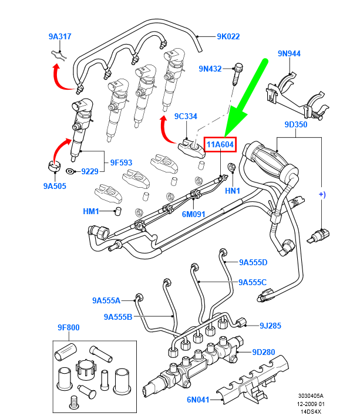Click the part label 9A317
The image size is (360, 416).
pyautogui.click(x=60, y=36)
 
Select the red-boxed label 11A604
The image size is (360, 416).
pyautogui.click(x=220, y=144)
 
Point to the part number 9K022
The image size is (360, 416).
pyautogui.click(x=228, y=36)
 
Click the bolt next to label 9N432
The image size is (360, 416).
pyautogui.click(x=238, y=75)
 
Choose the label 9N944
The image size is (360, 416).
pyautogui.click(x=289, y=53)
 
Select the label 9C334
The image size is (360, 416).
pyautogui.click(x=185, y=116)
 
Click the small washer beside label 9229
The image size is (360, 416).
pyautogui.click(x=70, y=171)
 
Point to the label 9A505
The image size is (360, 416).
pyautogui.click(x=55, y=186)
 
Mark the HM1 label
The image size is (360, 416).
pyautogui.click(x=91, y=211)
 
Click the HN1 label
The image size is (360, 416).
pyautogui.click(x=233, y=191)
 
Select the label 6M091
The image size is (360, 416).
pyautogui.click(x=193, y=214)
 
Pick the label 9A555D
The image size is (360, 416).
pyautogui.click(x=253, y=262)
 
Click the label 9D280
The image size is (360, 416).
pyautogui.click(x=264, y=352)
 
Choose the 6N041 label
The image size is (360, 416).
pyautogui.click(x=199, y=400)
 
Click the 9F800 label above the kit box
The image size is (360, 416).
pyautogui.click(x=69, y=327)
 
